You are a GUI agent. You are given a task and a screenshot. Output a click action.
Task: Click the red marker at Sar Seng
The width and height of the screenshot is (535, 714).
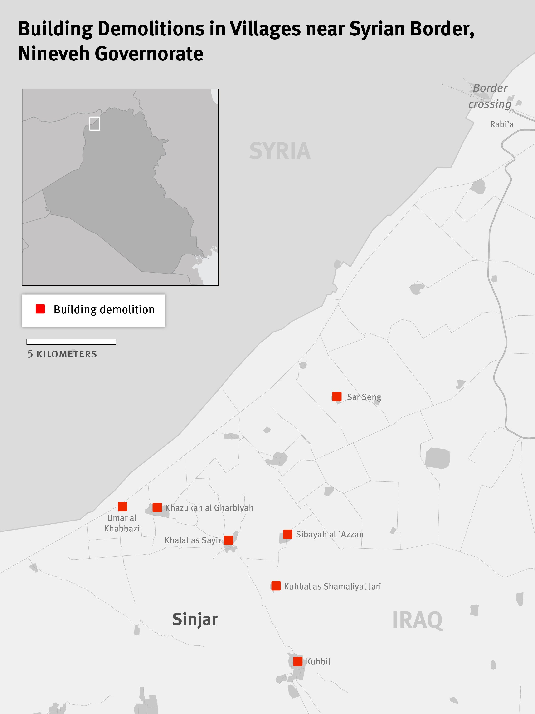click(337, 396)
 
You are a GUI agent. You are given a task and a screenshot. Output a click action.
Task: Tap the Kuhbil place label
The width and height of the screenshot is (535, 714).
click(318, 662)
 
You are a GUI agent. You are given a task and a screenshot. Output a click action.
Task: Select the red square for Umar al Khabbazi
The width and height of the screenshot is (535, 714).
click(122, 506)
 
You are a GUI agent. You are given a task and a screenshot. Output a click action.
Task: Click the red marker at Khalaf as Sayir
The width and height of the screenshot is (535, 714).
click(228, 540)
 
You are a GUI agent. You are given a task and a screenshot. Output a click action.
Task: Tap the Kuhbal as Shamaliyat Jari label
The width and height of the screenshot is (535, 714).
click(332, 586)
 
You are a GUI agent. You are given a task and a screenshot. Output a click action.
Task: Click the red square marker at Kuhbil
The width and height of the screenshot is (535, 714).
click(298, 661)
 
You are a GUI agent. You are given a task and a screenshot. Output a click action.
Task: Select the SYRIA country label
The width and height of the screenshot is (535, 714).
click(280, 151)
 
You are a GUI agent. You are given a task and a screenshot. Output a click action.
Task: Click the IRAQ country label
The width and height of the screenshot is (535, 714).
click(417, 620)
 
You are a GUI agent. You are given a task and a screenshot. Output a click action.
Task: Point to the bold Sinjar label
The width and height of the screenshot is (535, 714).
click(195, 619)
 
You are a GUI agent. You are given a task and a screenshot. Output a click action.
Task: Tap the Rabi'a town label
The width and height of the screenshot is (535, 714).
click(501, 124)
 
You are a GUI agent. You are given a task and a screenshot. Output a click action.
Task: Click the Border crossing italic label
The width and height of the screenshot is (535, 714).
click(490, 96)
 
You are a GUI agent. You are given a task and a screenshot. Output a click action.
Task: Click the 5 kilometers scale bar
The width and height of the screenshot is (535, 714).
click(71, 342)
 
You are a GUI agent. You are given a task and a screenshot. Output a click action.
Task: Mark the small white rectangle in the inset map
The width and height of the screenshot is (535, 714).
click(94, 123)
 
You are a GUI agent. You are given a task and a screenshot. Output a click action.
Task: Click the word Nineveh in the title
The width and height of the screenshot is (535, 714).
click(53, 54)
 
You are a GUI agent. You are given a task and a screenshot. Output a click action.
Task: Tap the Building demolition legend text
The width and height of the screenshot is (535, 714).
click(104, 310)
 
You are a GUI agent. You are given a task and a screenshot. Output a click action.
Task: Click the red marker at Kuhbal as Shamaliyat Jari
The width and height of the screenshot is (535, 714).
click(276, 586)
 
